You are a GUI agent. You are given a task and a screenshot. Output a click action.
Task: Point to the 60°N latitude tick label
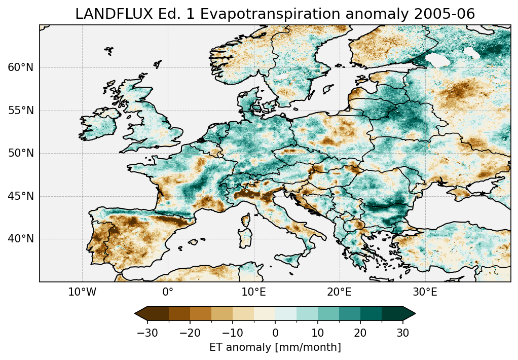21,67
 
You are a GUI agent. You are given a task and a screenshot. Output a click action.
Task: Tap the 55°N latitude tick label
21,111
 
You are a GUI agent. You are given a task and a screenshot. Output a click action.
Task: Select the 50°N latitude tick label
21,153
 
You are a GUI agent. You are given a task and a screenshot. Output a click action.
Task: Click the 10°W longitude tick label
82,293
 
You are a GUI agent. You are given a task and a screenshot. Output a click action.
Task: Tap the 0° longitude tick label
168,293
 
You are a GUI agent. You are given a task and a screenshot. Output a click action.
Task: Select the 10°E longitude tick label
253,293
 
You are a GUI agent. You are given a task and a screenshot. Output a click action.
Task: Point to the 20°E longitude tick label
339,293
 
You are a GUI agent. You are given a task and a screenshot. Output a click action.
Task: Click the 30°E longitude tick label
425,293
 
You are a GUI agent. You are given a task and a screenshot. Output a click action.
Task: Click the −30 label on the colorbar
147,333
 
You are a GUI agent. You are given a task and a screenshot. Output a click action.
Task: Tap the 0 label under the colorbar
275,333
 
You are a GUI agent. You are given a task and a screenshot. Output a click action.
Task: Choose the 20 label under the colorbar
360,333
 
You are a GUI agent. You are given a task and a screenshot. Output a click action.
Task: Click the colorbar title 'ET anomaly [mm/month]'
275,347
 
